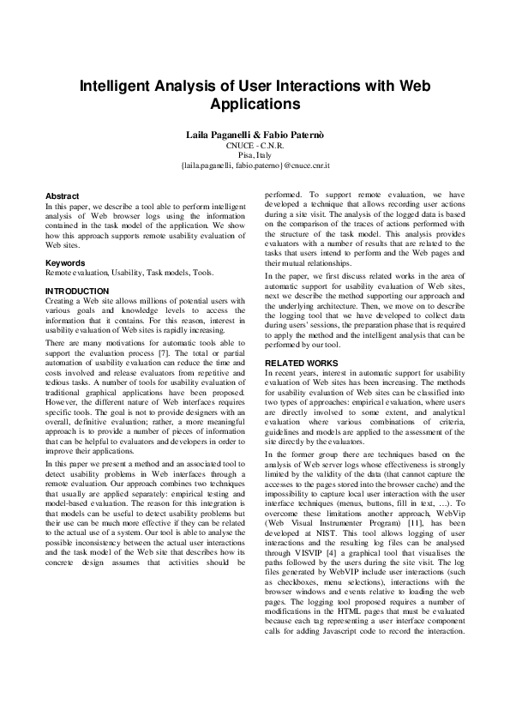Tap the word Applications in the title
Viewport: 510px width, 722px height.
coord(255,105)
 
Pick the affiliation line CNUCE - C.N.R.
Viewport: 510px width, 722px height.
coord(255,146)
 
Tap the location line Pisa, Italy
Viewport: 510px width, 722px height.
coord(255,155)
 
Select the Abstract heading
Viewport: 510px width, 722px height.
coord(62,196)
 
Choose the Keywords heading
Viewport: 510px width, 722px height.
coord(64,262)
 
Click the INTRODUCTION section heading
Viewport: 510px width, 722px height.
coord(77,292)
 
